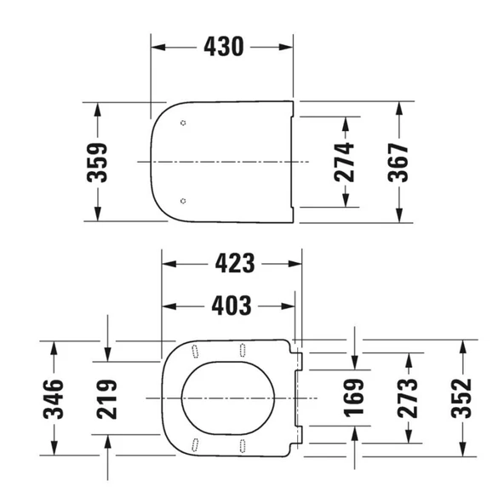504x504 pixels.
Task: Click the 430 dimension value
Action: click(x=223, y=48)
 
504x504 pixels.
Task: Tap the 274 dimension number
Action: click(x=344, y=162)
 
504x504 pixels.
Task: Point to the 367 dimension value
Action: click(x=398, y=162)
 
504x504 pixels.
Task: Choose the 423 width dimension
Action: click(x=233, y=264)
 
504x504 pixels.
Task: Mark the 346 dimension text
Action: click(x=53, y=398)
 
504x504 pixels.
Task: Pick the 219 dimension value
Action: click(x=107, y=398)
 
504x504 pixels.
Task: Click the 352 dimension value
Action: click(x=461, y=398)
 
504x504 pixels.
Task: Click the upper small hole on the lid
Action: click(x=185, y=123)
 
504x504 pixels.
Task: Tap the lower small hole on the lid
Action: click(x=185, y=200)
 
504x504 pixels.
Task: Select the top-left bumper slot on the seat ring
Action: click(x=196, y=350)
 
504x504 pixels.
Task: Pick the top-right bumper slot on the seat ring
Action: click(x=243, y=349)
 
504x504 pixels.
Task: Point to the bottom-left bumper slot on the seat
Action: click(x=196, y=444)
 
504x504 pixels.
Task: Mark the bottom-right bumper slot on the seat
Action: click(x=243, y=444)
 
